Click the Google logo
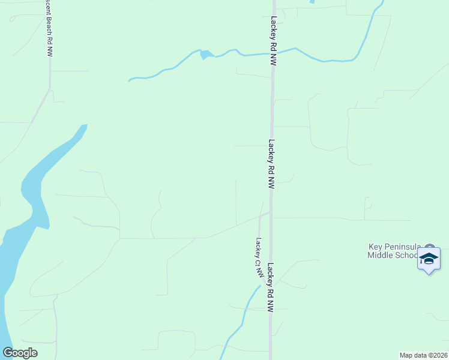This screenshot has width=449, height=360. pyautogui.click(x=20, y=353)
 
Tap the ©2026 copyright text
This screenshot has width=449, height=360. pyautogui.click(x=437, y=355)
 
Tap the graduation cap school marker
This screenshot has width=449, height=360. pyautogui.click(x=429, y=259)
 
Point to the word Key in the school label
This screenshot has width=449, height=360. pyautogui.click(x=375, y=247)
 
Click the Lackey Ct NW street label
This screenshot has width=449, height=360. pyautogui.click(x=259, y=257)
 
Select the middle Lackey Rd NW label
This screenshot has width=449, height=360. pyautogui.click(x=271, y=164)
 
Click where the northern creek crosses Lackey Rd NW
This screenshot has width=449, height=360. pyautogui.click(x=274, y=53)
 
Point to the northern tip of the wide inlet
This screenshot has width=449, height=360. pyautogui.click(x=84, y=126)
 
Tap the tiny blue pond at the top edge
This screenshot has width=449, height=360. pyautogui.click(x=312, y=2)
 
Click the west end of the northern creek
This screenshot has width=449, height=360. pyautogui.click(x=130, y=80)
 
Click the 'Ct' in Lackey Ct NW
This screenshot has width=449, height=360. pyautogui.click(x=259, y=262)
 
